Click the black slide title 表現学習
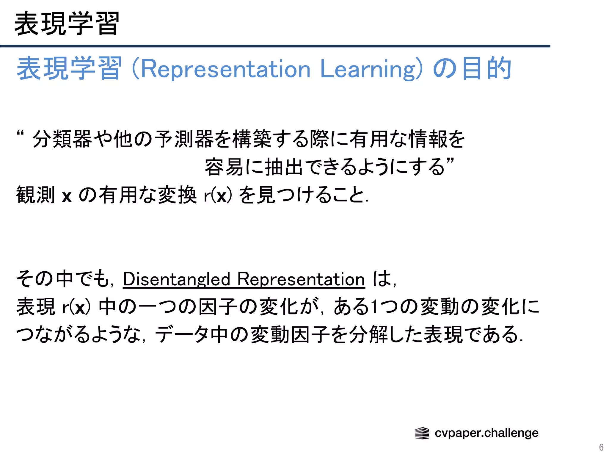pyautogui.click(x=67, y=24)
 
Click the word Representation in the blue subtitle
pyautogui.click(x=225, y=69)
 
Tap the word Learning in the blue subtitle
pyautogui.click(x=367, y=69)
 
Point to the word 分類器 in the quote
pyautogui.click(x=62, y=139)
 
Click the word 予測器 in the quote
pyautogui.click(x=184, y=139)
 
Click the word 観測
pyautogui.click(x=36, y=195)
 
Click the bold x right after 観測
pyautogui.click(x=67, y=196)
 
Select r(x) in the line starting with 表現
pyautogui.click(x=76, y=307)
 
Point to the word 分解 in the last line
pyautogui.click(x=368, y=334)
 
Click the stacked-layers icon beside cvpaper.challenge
pyautogui.click(x=422, y=433)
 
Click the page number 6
pyautogui.click(x=601, y=447)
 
